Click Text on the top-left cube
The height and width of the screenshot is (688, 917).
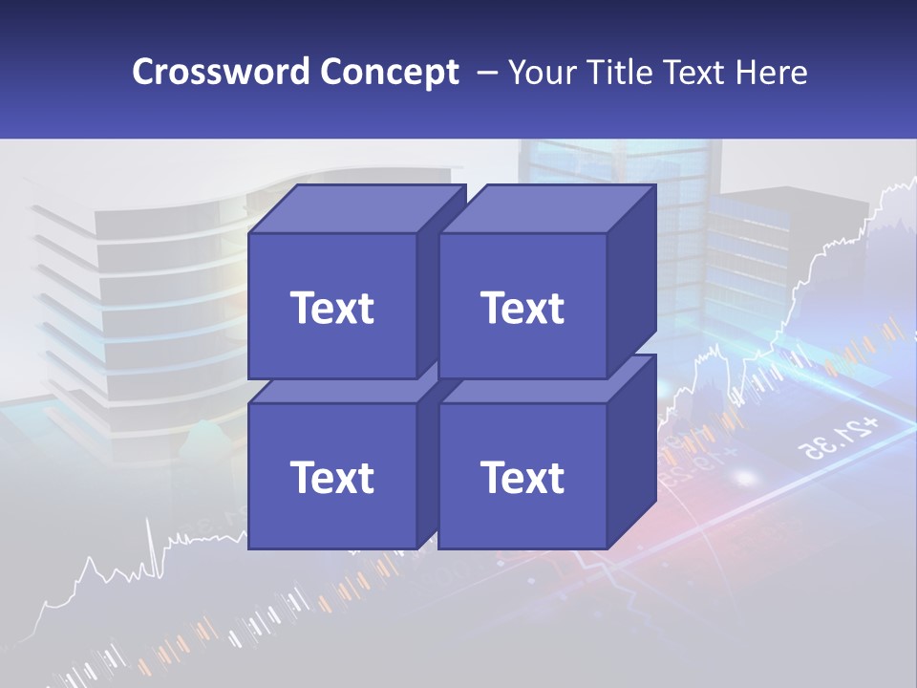click(331, 308)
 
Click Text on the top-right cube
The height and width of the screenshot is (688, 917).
click(522, 308)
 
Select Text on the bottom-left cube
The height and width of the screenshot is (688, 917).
click(331, 477)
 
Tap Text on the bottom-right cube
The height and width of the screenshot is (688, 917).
click(522, 477)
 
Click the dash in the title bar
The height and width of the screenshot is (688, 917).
click(485, 73)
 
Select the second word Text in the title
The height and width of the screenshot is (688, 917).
click(695, 73)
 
